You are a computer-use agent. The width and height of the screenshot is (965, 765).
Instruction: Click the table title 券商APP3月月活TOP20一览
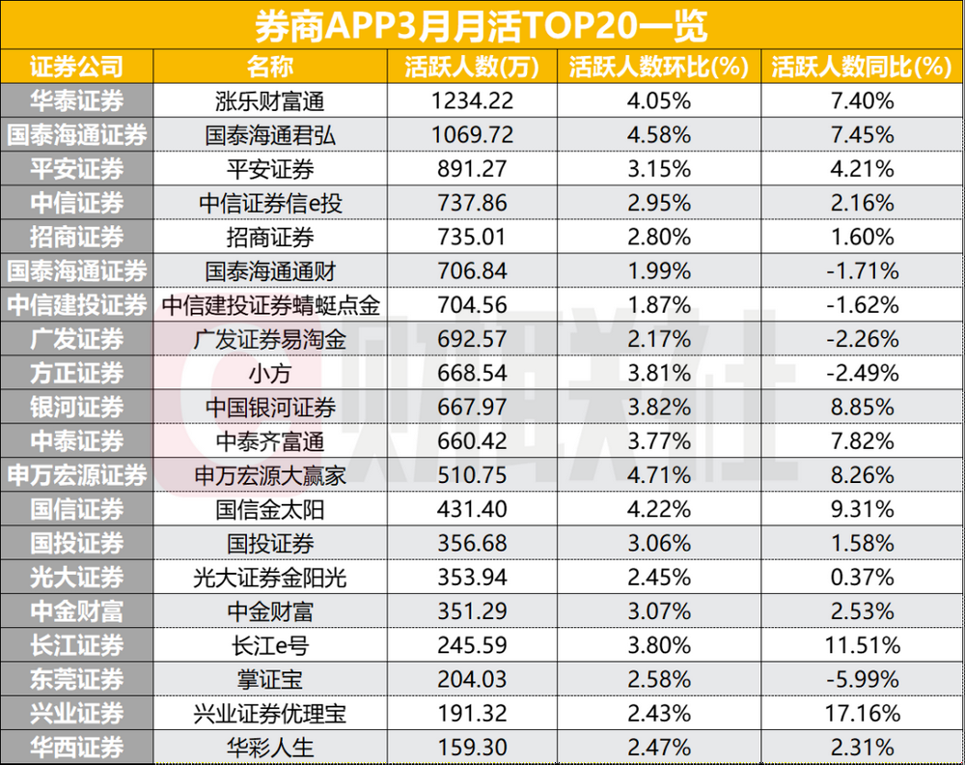pyautogui.click(x=482, y=24)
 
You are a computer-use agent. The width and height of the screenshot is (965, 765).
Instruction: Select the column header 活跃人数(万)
pyautogui.click(x=473, y=67)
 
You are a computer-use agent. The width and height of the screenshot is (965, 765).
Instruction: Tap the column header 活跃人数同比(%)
pyautogui.click(x=862, y=67)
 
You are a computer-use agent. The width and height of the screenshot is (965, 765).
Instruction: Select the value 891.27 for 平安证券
pyautogui.click(x=473, y=169)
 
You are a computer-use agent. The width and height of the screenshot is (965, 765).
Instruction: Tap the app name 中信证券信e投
pyautogui.click(x=270, y=203)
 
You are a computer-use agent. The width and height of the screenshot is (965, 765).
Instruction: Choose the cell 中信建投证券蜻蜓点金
pyautogui.click(x=270, y=305)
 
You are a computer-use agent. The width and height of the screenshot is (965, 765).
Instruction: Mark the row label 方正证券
pyautogui.click(x=77, y=373)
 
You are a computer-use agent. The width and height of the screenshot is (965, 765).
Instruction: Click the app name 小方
pyautogui.click(x=270, y=373)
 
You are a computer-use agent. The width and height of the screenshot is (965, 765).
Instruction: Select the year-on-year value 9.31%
pyautogui.click(x=862, y=509)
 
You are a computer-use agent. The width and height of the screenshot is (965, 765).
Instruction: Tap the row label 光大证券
pyautogui.click(x=77, y=577)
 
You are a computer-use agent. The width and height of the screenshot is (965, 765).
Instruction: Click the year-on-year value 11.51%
pyautogui.click(x=862, y=644)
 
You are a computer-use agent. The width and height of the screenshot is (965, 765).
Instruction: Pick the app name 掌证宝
pyautogui.click(x=270, y=678)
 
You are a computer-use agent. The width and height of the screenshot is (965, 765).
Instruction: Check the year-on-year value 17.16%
pyautogui.click(x=862, y=713)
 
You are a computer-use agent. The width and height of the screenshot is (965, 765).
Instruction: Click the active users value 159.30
pyautogui.click(x=473, y=747)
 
